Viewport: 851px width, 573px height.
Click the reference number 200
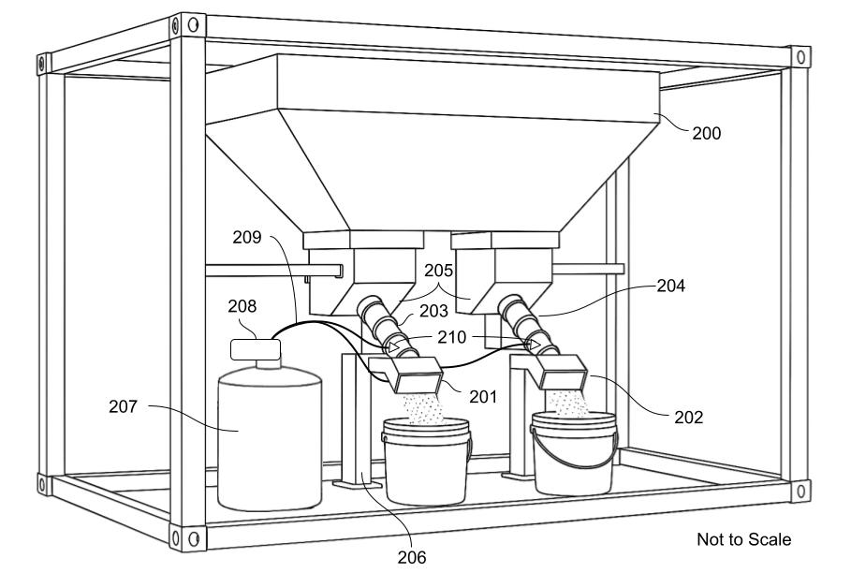tap(706, 134)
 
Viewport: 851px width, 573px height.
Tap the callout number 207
tap(124, 406)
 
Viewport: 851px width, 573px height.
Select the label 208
tap(242, 306)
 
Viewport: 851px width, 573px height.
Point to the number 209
tap(247, 238)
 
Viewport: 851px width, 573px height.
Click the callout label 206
tap(412, 557)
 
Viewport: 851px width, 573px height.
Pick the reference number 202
tap(689, 418)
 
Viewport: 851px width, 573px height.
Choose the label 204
tap(671, 286)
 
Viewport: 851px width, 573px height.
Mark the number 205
tap(438, 271)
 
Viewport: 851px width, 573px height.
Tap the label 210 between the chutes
tap(452, 337)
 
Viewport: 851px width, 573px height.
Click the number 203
tap(433, 311)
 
